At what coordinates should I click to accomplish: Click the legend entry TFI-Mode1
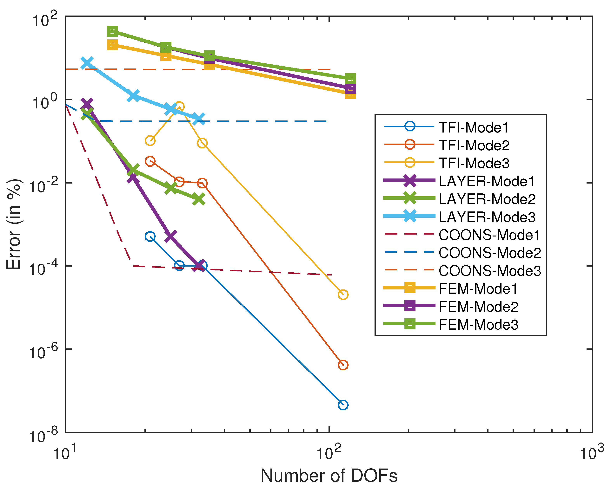[473, 127]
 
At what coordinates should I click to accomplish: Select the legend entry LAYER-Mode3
[487, 217]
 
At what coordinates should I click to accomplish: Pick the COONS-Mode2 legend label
[490, 253]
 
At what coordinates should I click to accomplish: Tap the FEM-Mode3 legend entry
[478, 325]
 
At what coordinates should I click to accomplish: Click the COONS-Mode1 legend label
[489, 235]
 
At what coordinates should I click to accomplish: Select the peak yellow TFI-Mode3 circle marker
[179, 107]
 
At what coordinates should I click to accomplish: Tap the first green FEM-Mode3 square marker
[113, 31]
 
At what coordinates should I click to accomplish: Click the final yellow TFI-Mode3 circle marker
[343, 295]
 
